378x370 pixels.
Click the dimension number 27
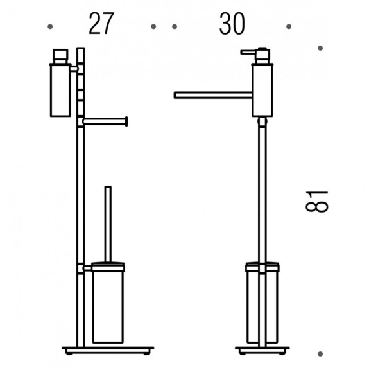(x=101, y=24)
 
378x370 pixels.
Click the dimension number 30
(x=232, y=24)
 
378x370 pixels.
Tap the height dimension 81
(x=317, y=202)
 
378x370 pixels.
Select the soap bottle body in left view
(x=60, y=91)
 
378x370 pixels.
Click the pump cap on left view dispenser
(x=60, y=57)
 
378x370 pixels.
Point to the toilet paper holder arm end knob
(x=126, y=121)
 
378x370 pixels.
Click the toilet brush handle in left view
(x=108, y=224)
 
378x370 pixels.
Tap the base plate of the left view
(x=108, y=351)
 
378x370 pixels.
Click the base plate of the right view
(x=262, y=351)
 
